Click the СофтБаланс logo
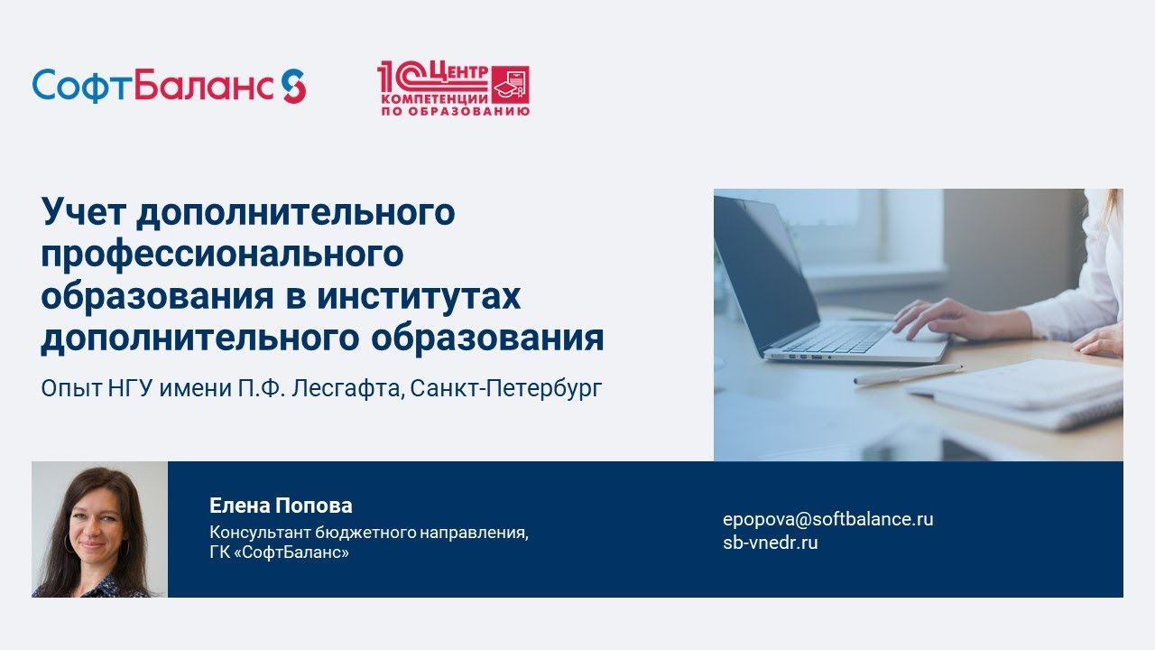[169, 86]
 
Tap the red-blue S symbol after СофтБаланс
[294, 86]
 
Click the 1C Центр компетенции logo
[453, 88]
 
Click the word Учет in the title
[84, 211]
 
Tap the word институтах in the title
[419, 296]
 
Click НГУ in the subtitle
[131, 388]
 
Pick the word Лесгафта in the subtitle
[346, 388]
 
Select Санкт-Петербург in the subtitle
[506, 388]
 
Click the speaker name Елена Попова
[281, 506]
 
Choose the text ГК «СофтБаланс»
[279, 552]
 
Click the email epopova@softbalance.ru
[828, 519]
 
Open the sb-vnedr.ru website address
[771, 543]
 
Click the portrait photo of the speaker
[100, 529]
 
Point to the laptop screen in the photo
[762, 274]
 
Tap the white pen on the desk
[908, 374]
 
